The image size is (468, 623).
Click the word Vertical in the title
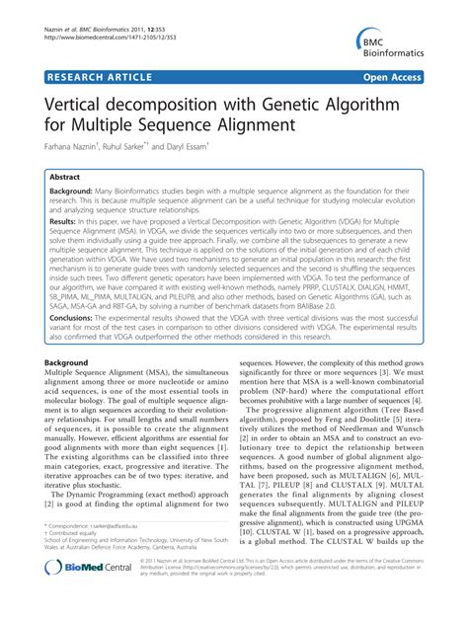tap(78, 103)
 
